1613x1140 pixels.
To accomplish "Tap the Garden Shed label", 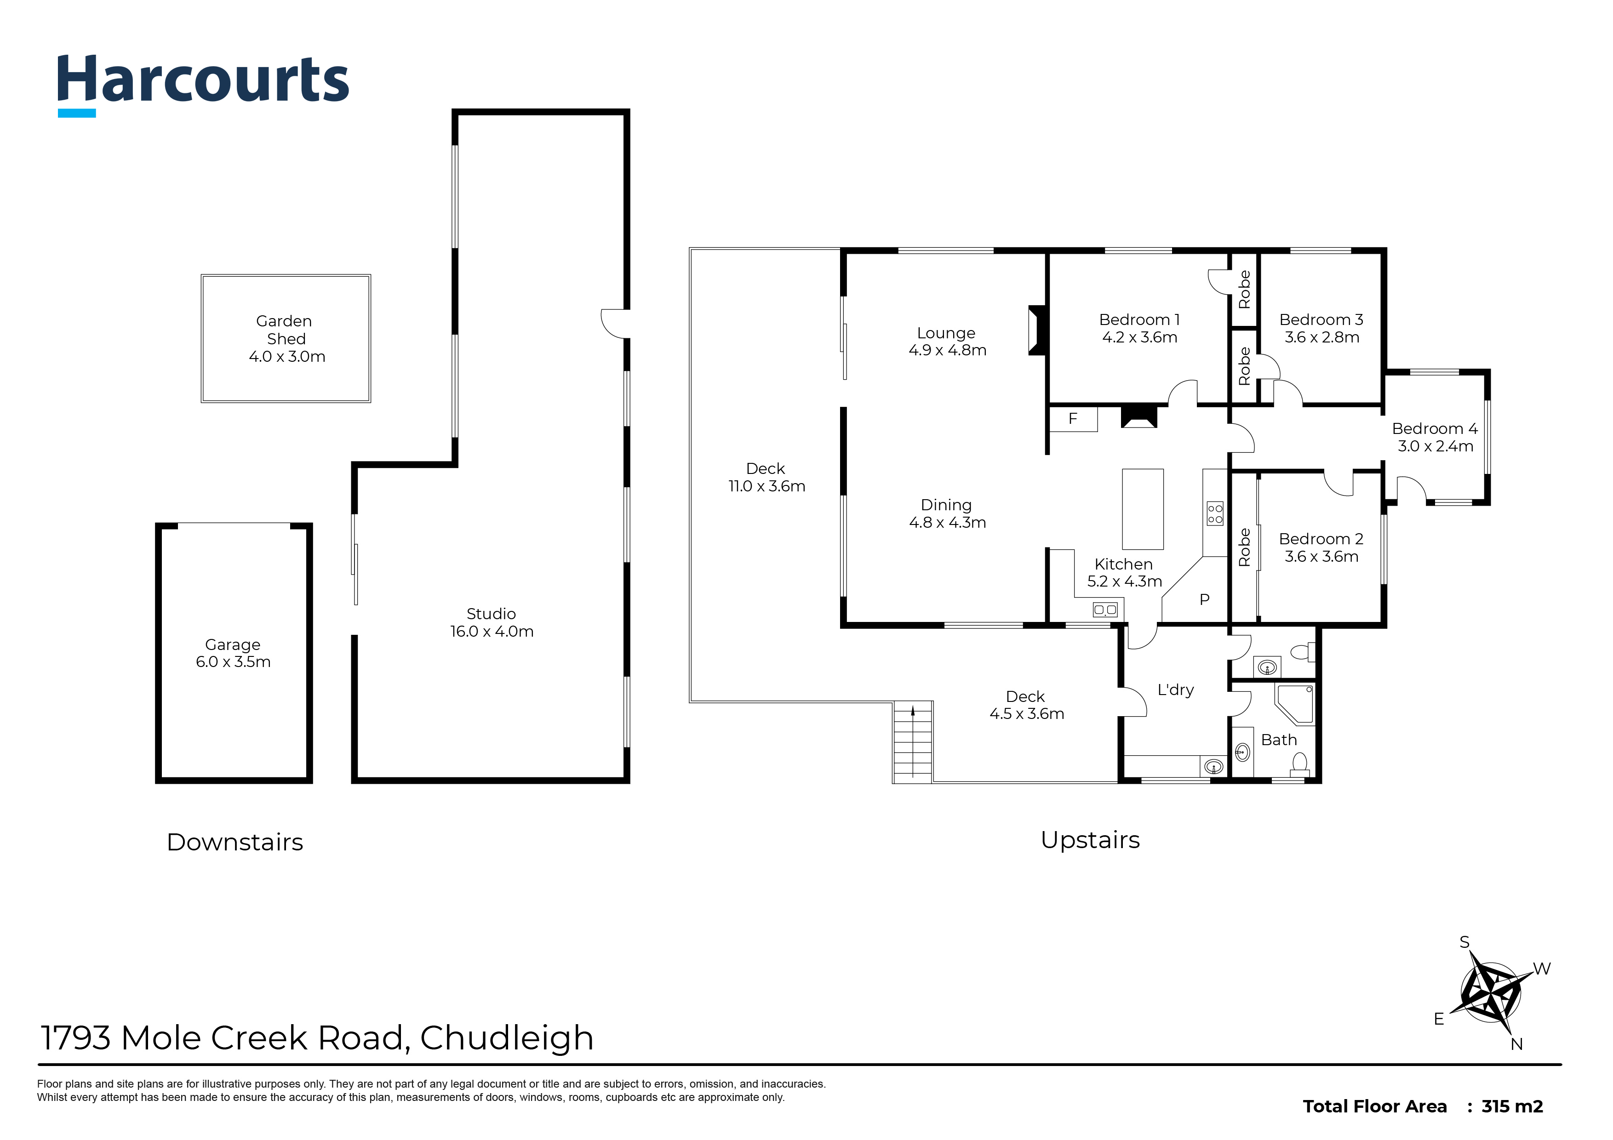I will coord(286,339).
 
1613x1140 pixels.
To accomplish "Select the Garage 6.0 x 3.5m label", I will coord(233,653).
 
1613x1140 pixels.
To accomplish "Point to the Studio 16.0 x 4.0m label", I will coord(492,622).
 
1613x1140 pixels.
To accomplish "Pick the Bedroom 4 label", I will coord(1435,437).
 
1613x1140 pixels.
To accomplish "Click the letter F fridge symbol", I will coord(1073,419).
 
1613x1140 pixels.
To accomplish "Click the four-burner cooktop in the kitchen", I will coord(1215,513).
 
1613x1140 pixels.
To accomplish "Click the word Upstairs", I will coord(1090,840).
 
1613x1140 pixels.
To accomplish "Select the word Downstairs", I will coord(235,842).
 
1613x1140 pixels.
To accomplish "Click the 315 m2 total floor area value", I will coord(1512,1106).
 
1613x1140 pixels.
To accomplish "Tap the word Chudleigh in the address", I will coord(507,1038).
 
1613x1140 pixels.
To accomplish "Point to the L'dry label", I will coord(1175,690).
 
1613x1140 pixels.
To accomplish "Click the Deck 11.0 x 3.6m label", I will coord(766,478).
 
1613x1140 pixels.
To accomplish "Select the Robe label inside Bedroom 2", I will coord(1244,548).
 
